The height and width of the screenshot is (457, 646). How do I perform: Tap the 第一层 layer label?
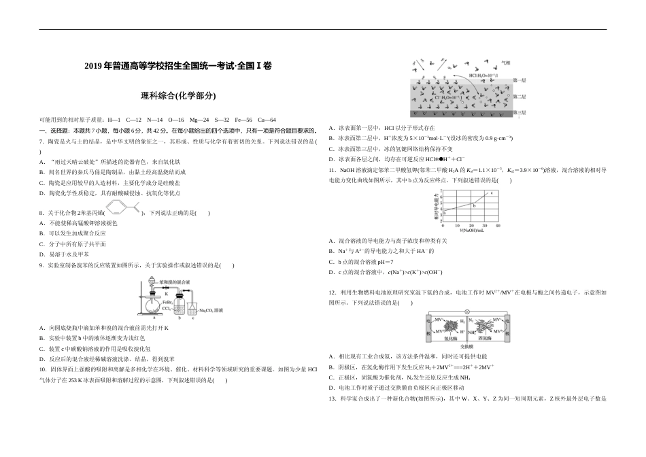pyautogui.click(x=519, y=80)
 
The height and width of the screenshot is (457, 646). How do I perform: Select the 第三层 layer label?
pyautogui.click(x=519, y=112)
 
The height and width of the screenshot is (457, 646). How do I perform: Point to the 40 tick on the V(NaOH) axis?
pyautogui.click(x=498, y=225)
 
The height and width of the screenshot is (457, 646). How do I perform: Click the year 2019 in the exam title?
pyautogui.click(x=93, y=67)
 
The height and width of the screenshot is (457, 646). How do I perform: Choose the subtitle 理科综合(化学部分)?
pyautogui.click(x=178, y=96)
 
